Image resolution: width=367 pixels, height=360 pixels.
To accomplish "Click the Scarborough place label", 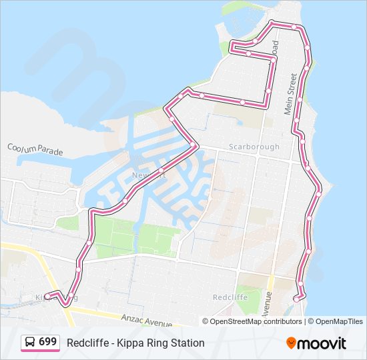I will point(254,147).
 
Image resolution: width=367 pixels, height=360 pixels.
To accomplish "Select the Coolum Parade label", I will point(35,149).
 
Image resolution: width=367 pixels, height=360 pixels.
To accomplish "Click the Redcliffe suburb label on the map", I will point(230,297).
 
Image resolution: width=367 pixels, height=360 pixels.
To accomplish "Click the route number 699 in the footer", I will point(47,342).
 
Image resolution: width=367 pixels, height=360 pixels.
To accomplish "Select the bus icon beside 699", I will point(30,343).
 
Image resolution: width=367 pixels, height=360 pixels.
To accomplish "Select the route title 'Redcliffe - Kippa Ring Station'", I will point(135,343).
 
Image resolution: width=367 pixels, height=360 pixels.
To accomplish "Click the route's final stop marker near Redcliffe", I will point(296,299).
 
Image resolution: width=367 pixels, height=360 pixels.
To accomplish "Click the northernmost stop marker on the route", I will point(272,25).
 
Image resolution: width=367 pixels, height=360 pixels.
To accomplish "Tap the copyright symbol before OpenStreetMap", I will point(206,321).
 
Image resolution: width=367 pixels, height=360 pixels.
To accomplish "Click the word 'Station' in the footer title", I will point(188,343).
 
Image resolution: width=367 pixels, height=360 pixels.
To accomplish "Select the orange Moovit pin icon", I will point(291,343).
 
